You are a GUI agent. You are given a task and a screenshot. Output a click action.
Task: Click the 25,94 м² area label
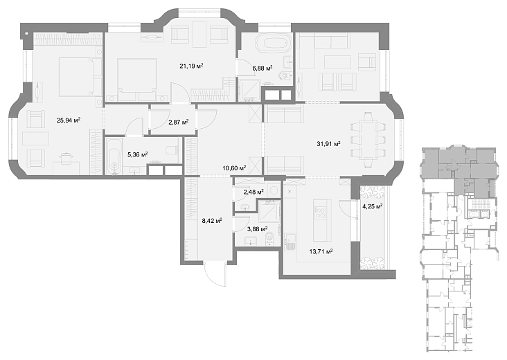click(69, 120)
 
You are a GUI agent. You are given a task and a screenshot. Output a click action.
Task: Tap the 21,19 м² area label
click(191, 66)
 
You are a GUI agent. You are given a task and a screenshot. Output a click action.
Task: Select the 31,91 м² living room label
click(328, 144)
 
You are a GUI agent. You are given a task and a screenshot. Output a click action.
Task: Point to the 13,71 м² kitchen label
click(321, 251)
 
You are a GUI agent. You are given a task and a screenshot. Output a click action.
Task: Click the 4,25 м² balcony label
click(373, 206)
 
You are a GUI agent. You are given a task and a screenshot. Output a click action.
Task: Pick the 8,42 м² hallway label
click(212, 221)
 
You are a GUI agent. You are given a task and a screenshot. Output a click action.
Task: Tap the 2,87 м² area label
click(179, 122)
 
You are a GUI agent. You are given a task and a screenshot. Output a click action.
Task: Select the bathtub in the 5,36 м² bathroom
click(114, 156)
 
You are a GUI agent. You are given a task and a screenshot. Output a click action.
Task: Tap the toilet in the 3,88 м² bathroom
click(269, 239)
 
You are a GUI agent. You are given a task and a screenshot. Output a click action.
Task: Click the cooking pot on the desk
click(66, 157)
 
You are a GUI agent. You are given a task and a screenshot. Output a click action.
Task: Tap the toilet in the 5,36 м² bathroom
click(171, 150)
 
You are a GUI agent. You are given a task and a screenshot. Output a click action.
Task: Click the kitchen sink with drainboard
click(290, 242)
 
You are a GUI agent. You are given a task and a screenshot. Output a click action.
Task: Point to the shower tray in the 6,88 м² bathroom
click(249, 90)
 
